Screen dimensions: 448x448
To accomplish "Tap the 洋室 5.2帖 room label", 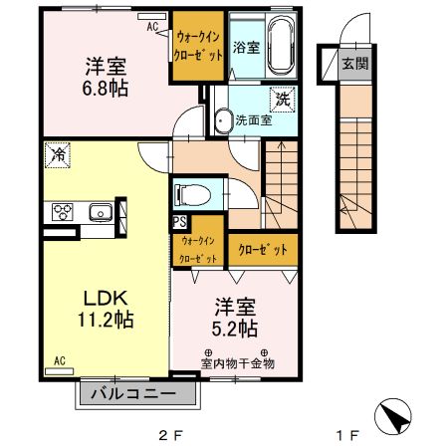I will point(234,318).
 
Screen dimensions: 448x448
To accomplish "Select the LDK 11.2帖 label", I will point(104,310).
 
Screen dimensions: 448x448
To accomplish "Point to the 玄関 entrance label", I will point(354,64).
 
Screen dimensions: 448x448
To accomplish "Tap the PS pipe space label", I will point(180,222).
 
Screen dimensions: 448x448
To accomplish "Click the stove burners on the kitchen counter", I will point(62,211).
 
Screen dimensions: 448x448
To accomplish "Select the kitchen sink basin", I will point(100,211).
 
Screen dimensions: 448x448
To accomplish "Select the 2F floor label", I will point(171,435).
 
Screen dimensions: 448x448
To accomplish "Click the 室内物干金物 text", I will point(237,363).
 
